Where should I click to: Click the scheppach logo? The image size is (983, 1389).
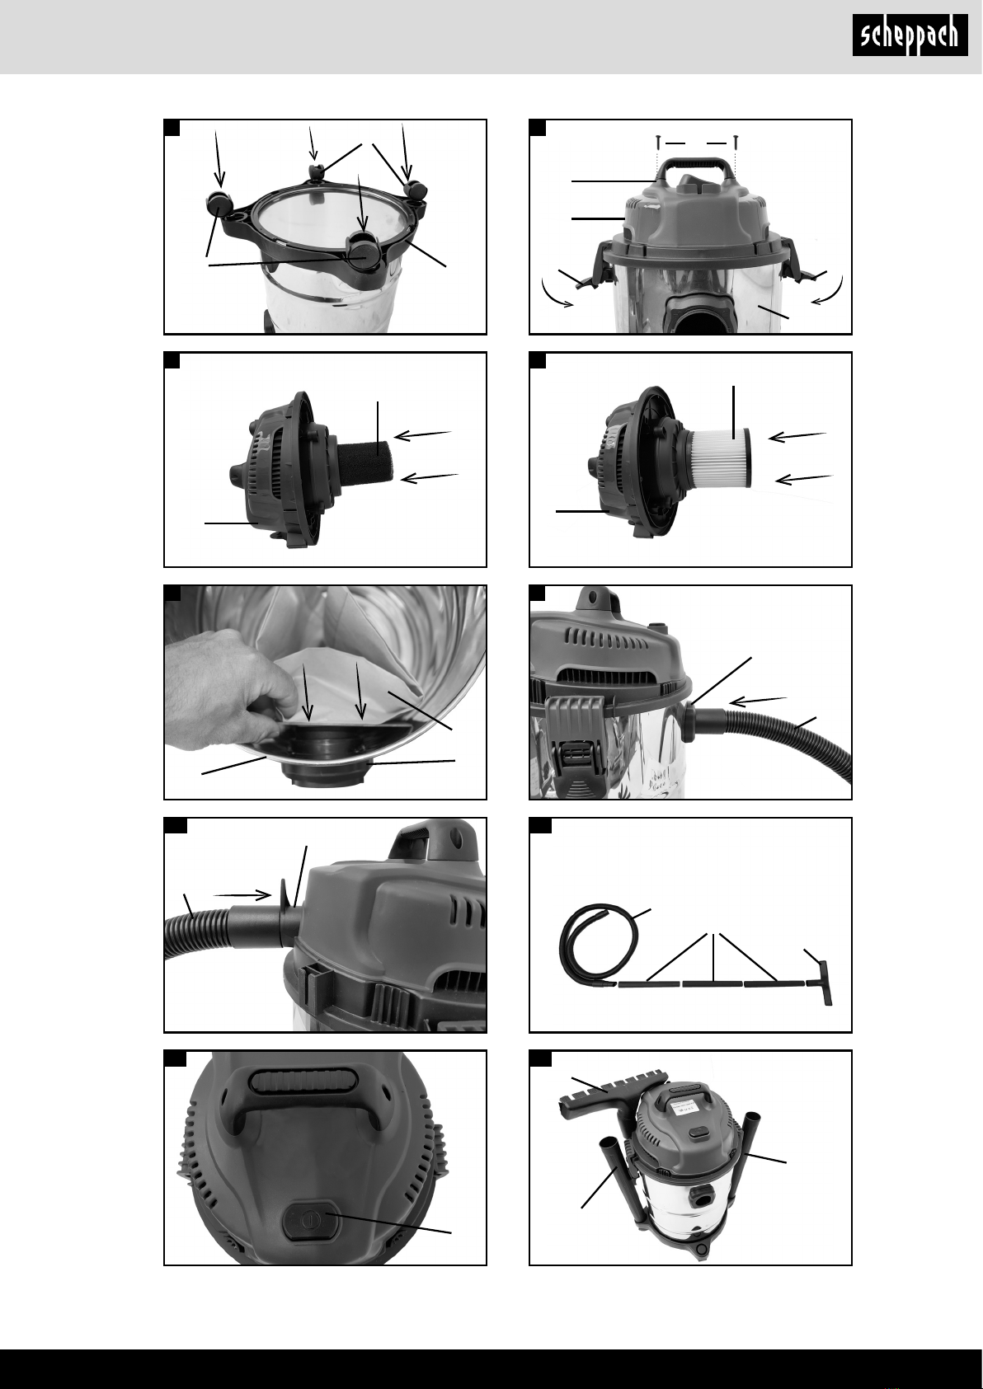(910, 35)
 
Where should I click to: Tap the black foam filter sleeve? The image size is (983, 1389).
(364, 461)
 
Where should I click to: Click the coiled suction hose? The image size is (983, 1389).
(589, 949)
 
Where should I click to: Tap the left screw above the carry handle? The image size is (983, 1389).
(657, 143)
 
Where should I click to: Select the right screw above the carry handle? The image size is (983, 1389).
(735, 143)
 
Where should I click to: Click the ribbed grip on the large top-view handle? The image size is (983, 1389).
(299, 1082)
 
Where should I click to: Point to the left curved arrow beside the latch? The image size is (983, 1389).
(555, 295)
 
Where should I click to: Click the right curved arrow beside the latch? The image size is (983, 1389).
(829, 292)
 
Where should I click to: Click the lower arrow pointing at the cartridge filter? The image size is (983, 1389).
(804, 479)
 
